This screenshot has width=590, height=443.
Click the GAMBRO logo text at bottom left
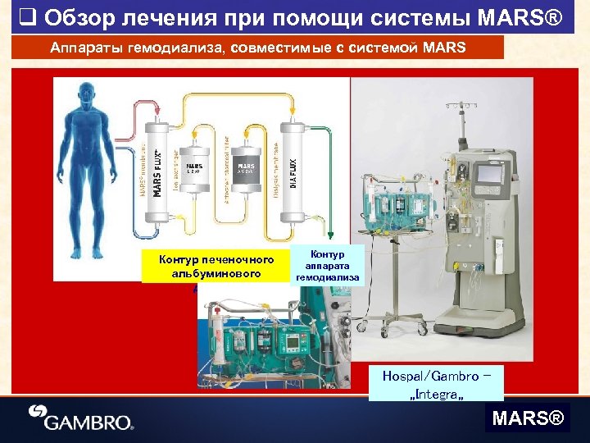pyautogui.click(x=89, y=422)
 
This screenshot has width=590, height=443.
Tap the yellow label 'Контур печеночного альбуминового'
pyautogui.click(x=216, y=266)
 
